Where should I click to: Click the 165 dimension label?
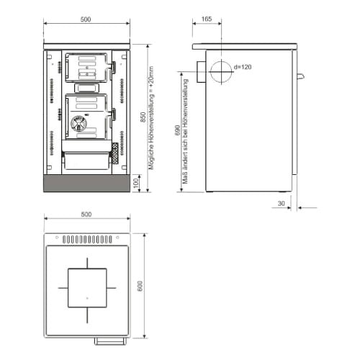pyautogui.click(x=207, y=19)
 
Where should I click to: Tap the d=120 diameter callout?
pyautogui.click(x=243, y=67)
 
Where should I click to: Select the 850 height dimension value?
pyautogui.click(x=143, y=117)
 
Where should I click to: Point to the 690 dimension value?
pyautogui.click(x=177, y=130)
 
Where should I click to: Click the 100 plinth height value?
pyautogui.click(x=136, y=183)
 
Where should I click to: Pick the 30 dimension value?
pyautogui.click(x=281, y=204)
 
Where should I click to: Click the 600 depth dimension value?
pyautogui.click(x=140, y=286)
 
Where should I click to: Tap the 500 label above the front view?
pyautogui.click(x=86, y=19)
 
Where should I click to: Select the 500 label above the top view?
pyautogui.click(x=86, y=215)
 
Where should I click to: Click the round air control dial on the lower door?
pyautogui.click(x=78, y=124)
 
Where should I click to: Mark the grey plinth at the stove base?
pyautogui.click(x=86, y=184)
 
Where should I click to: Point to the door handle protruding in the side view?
pyautogui.click(x=301, y=76)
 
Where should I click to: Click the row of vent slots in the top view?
pyautogui.click(x=87, y=239)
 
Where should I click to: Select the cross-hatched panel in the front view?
pyautogui.click(x=115, y=153)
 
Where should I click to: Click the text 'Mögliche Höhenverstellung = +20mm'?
pyautogui.click(x=151, y=118)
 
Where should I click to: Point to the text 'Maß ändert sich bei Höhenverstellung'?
pyautogui.click(x=185, y=131)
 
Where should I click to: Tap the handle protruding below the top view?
pyautogui.click(x=110, y=341)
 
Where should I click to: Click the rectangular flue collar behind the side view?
pyautogui.click(x=201, y=72)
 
